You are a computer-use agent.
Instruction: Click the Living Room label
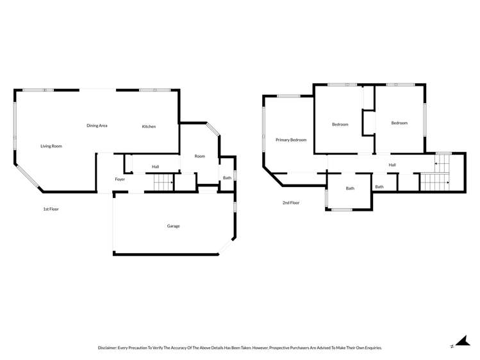click(x=51, y=146)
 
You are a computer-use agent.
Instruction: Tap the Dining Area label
click(x=97, y=126)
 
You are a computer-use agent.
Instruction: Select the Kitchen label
click(x=149, y=127)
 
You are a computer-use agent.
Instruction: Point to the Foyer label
click(x=120, y=179)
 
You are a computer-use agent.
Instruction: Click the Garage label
click(x=173, y=226)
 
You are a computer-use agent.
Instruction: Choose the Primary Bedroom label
click(x=291, y=140)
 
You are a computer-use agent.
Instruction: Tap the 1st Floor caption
click(x=51, y=209)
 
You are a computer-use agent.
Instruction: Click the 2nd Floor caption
click(x=291, y=203)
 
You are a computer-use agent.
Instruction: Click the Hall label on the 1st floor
click(x=155, y=167)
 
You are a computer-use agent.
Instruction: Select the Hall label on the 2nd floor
click(x=392, y=165)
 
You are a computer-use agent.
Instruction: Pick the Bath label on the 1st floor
click(x=227, y=178)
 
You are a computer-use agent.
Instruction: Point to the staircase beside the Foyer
click(x=163, y=183)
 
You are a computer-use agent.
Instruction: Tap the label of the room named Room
click(x=200, y=156)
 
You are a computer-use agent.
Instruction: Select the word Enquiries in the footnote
click(x=370, y=348)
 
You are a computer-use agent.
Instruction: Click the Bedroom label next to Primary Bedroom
click(x=340, y=124)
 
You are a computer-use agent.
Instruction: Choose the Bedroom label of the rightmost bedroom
click(x=399, y=123)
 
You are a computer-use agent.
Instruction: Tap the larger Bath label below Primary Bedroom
click(x=350, y=188)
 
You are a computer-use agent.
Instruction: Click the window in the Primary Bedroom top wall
click(x=288, y=96)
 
